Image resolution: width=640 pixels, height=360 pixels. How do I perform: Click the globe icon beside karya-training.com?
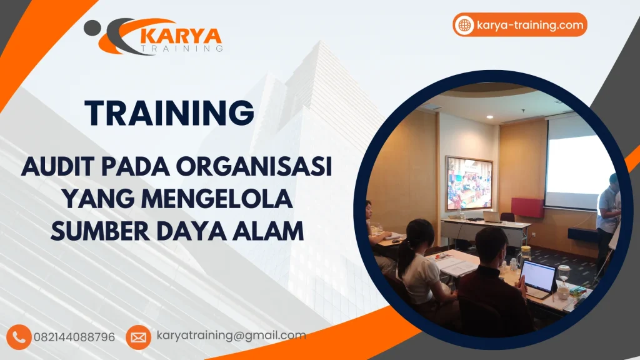click(464, 25)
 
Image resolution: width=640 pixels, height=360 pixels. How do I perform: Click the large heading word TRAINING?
click(169, 113)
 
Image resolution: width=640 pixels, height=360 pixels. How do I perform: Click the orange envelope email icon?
click(138, 337)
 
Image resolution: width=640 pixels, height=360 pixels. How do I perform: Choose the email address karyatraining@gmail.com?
click(231, 336)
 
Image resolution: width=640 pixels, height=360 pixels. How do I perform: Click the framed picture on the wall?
click(469, 182)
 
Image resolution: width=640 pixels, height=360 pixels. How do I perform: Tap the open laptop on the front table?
click(539, 278)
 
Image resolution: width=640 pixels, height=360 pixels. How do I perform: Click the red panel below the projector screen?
click(527, 207)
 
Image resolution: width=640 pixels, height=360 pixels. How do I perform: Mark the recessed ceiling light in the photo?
click(489, 117)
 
